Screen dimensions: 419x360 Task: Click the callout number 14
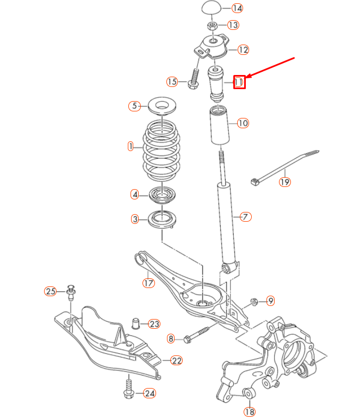click(237, 8)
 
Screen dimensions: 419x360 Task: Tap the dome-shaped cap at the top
click(212, 8)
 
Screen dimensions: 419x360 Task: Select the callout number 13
click(233, 25)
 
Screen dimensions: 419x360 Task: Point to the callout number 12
click(243, 49)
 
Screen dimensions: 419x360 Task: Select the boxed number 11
click(239, 82)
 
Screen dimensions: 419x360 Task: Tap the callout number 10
click(243, 123)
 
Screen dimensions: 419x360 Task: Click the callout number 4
click(135, 194)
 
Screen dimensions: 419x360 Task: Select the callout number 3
click(135, 219)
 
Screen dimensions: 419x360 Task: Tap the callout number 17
click(148, 283)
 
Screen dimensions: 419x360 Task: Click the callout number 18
click(250, 411)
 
